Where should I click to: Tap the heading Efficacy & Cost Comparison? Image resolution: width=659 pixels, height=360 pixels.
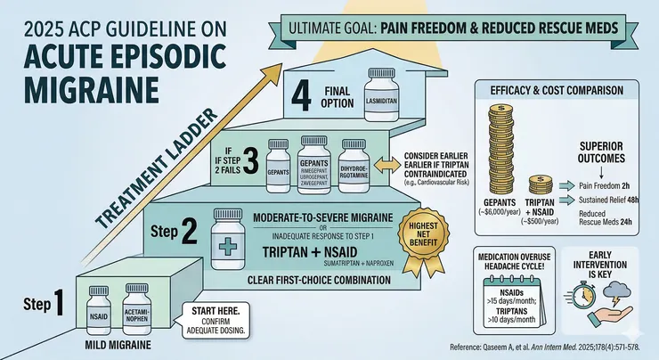pos(556,89)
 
